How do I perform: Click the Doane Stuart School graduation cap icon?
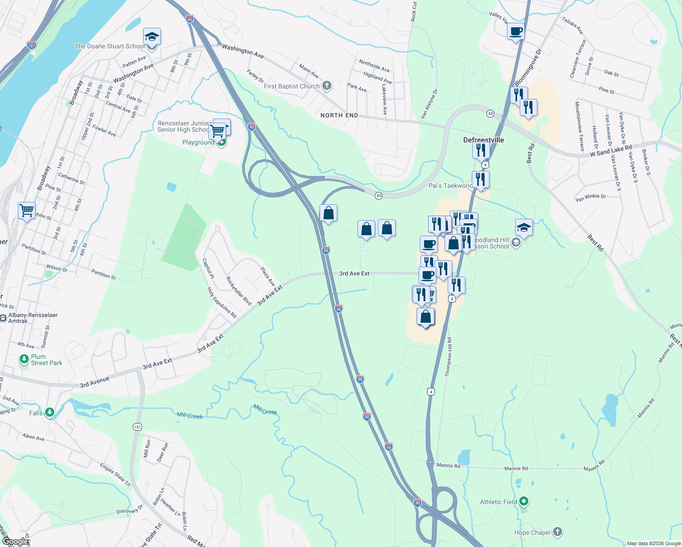(x=152, y=36)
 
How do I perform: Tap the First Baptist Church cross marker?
(x=327, y=86)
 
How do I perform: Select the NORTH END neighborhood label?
(x=339, y=115)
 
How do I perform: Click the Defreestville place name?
(x=483, y=140)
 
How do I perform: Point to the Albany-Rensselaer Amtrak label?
(x=33, y=318)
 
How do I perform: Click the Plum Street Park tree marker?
(x=24, y=359)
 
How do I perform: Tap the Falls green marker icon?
(x=49, y=413)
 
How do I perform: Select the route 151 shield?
(x=137, y=427)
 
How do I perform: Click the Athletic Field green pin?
(x=524, y=501)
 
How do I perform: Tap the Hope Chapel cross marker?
(x=557, y=532)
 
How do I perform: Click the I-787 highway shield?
(x=31, y=46)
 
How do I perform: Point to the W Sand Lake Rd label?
(x=611, y=151)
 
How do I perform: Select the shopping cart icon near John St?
(x=27, y=211)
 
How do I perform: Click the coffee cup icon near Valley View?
(x=516, y=32)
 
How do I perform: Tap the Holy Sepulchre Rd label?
(x=222, y=302)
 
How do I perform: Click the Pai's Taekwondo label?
(x=450, y=186)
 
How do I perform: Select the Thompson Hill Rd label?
(x=449, y=356)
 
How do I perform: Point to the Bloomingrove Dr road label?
(x=527, y=67)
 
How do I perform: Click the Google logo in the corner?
(x=15, y=542)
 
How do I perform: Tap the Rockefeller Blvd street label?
(x=238, y=290)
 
